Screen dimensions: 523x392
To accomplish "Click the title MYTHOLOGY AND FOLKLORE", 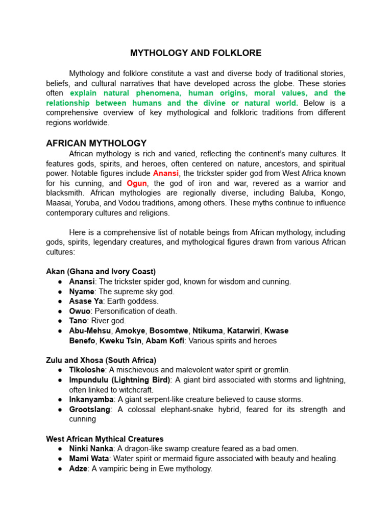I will [x=195, y=53].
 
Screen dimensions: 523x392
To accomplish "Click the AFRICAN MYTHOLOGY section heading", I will [x=96, y=144].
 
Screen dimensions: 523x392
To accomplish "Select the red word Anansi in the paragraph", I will [x=166, y=174].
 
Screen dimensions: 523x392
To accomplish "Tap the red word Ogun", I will [x=136, y=183].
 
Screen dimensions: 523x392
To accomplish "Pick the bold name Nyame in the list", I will [x=82, y=292].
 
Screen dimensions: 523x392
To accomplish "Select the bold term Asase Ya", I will [x=86, y=301].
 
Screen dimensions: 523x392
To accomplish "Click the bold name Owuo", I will [x=80, y=311].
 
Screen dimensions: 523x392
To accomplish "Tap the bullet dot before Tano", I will [x=60, y=321].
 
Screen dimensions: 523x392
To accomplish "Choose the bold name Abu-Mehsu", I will [x=90, y=331].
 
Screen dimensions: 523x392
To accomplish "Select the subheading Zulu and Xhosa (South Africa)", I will [x=101, y=360].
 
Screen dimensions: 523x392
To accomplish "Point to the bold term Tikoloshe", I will [x=87, y=370].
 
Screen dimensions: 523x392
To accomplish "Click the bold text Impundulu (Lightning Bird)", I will [x=119, y=380].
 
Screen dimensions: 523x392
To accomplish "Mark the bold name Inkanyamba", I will [x=91, y=399].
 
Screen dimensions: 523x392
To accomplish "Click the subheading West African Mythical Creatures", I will [x=105, y=439].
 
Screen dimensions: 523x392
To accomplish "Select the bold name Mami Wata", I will [x=87, y=459].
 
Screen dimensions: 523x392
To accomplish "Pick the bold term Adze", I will [x=79, y=468].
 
